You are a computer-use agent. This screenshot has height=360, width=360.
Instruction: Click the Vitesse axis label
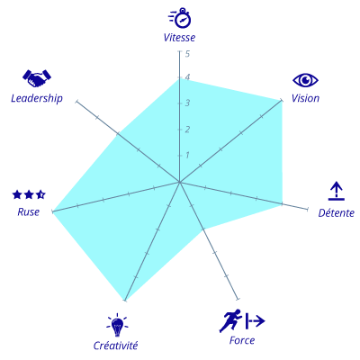coord(179,38)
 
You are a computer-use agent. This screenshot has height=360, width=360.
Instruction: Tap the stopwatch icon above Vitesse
coord(180,18)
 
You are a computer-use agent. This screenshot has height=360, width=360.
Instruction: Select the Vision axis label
coord(305,98)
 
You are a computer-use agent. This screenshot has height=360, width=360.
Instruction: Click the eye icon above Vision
coord(305,80)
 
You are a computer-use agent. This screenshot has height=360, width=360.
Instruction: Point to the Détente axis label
coord(336,212)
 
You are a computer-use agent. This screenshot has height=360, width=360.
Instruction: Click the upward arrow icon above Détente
coord(337,191)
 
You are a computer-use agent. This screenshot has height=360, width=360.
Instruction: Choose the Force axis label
coord(242,340)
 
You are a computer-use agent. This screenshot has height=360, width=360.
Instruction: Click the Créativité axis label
coord(115,346)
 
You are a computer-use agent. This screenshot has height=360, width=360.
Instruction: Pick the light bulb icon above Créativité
coord(117,325)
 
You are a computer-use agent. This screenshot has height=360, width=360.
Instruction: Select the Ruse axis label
coord(29,212)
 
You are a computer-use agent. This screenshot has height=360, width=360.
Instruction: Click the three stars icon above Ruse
coord(29,194)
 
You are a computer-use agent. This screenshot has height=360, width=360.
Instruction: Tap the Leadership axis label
coord(37,98)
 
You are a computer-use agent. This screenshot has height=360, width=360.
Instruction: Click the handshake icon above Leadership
coord(37,78)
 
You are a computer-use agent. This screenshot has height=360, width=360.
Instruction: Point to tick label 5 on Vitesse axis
coord(187,54)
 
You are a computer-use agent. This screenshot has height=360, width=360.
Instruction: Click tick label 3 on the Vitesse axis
coord(187,103)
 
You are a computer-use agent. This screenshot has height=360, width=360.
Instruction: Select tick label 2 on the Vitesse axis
coord(187,130)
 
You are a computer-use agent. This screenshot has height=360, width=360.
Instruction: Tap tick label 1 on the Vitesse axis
coord(187,156)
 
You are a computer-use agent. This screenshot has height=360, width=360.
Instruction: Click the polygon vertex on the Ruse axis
coord(52,211)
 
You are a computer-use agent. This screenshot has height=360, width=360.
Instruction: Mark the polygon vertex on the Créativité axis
coord(125,300)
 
